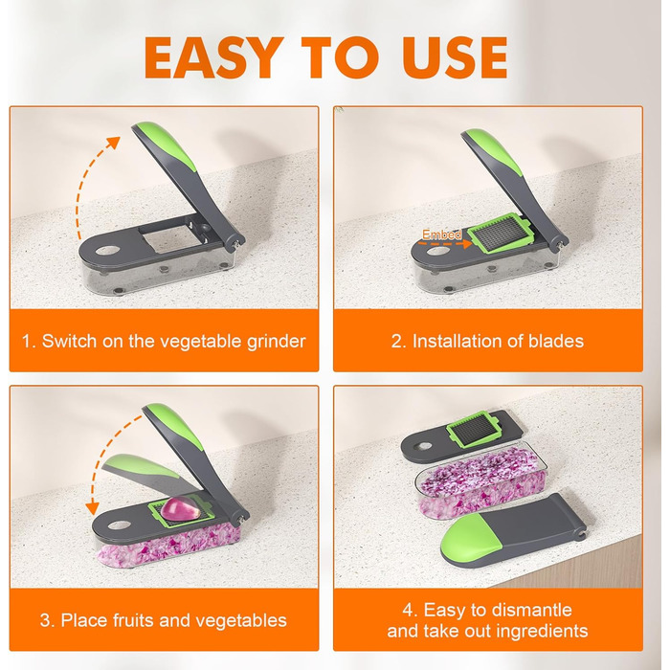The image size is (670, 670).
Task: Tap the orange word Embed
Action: pyautogui.click(x=442, y=234)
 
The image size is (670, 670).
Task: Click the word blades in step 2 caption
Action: pyautogui.click(x=556, y=341)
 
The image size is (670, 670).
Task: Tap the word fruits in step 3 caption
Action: pyautogui.click(x=132, y=620)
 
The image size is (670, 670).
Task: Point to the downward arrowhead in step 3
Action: pyautogui.click(x=92, y=508)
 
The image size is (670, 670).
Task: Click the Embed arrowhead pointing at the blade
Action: pyautogui.click(x=467, y=243)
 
